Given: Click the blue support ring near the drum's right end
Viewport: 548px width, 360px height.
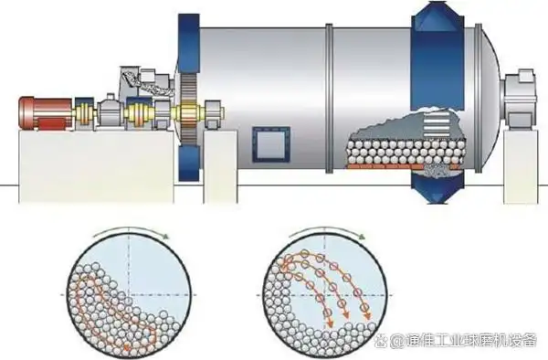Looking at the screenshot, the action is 437,101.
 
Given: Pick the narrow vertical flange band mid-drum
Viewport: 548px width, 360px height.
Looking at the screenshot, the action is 333,101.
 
